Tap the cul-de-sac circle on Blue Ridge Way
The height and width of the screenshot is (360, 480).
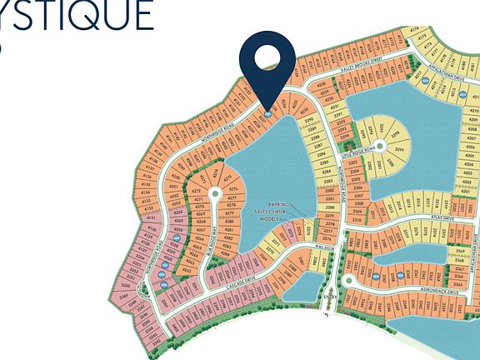tap(215, 193)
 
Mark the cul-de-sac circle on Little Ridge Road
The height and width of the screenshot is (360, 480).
tap(379, 146)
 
